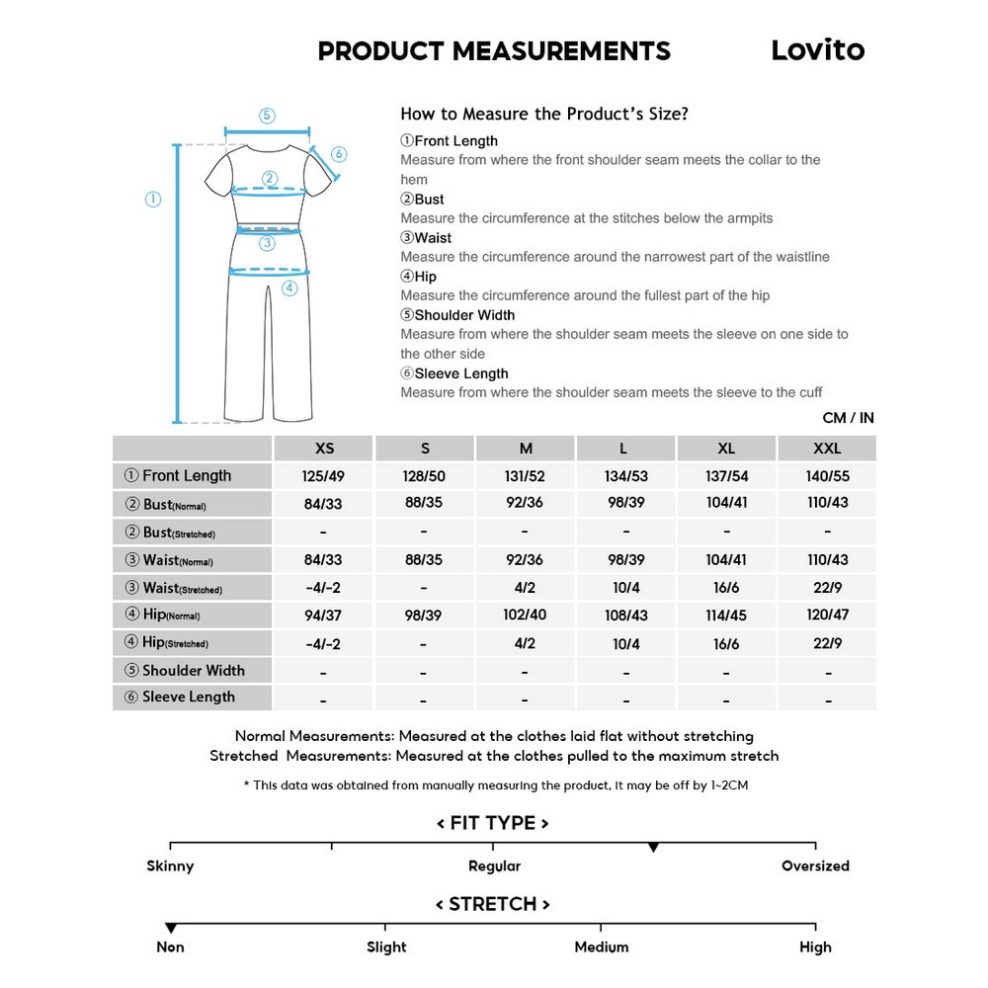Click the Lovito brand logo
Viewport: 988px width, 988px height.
817,50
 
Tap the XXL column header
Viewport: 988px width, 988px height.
827,449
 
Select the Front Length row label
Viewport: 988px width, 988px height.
187,476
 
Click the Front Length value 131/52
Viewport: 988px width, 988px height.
526,476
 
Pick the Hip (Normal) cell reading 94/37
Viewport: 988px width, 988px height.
324,615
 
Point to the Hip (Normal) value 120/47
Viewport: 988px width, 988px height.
827,615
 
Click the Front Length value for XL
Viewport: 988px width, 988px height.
726,476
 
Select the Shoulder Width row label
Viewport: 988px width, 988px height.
193,671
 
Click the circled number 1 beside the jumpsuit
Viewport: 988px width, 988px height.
153,200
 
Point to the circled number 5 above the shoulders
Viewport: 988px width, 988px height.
267,116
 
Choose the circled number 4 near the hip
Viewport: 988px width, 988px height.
289,288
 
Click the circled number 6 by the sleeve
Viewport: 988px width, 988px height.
339,154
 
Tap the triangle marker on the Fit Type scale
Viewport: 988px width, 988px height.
653,848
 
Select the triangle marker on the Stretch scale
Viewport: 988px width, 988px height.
171,929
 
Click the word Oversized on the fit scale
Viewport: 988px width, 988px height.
815,866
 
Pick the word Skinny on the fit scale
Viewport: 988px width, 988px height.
170,866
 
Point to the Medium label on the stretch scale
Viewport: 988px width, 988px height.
601,947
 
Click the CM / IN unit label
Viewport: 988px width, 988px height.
848,418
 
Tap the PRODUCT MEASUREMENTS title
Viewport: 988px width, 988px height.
494,51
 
